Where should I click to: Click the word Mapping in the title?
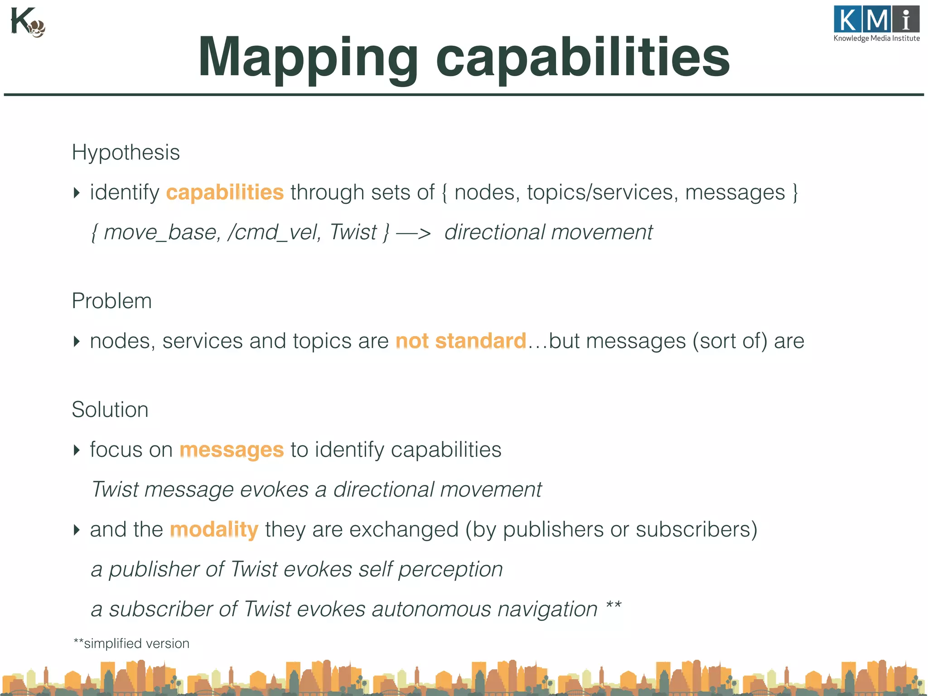click(307, 58)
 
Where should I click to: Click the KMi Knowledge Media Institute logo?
click(876, 24)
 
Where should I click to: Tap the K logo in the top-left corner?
click(27, 23)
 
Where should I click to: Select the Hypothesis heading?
click(126, 152)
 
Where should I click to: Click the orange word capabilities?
click(225, 193)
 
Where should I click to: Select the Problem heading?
click(111, 301)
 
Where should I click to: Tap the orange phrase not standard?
click(460, 341)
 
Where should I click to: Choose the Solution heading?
click(110, 410)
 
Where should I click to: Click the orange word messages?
click(232, 450)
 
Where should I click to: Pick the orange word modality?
click(214, 530)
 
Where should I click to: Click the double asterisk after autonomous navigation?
click(614, 605)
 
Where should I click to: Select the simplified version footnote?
click(131, 643)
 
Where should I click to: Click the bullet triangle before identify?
click(77, 193)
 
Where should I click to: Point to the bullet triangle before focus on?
click(77, 450)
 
